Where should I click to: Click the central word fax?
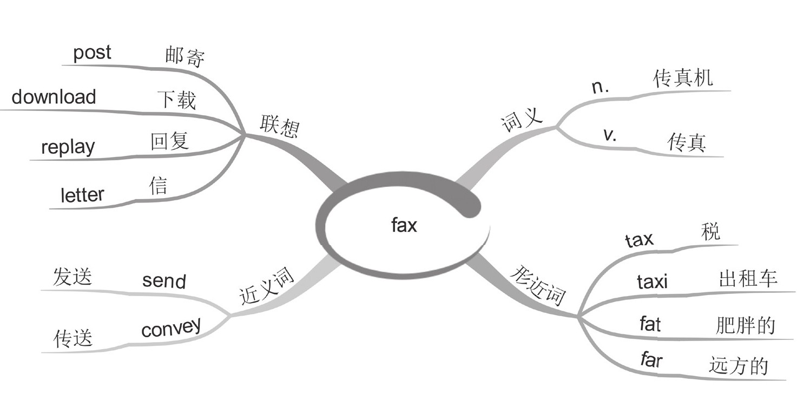404,225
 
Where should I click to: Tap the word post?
92,54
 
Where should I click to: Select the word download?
54,97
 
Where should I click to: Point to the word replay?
68,147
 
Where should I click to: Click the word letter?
82,195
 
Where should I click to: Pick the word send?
164,280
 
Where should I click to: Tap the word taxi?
652,281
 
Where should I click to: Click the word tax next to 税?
639,239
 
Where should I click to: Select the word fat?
650,324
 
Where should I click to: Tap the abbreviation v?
610,135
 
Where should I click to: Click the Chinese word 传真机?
683,79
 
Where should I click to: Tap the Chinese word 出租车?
748,279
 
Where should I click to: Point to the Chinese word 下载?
176,100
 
